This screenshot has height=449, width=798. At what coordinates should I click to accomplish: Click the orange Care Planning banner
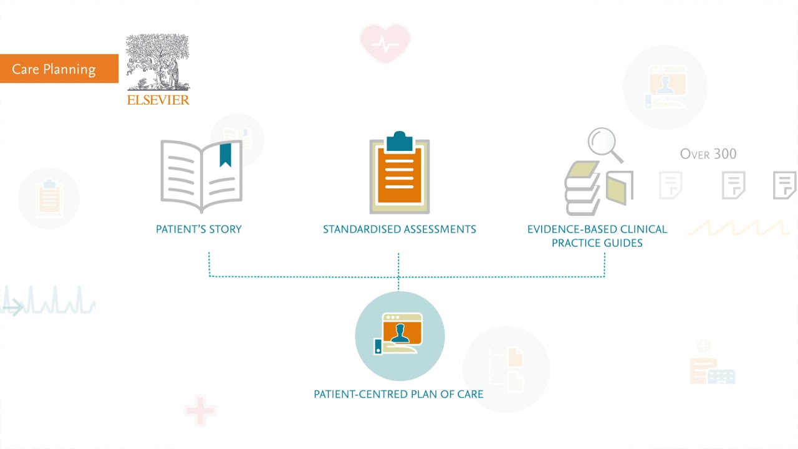tap(59, 69)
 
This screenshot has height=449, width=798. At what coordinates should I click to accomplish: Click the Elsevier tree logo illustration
tap(158, 62)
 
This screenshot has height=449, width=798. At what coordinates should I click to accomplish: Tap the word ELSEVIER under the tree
tap(158, 100)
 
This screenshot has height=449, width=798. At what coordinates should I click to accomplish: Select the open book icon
tap(201, 176)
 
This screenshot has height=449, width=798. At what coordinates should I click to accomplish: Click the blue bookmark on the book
tap(225, 155)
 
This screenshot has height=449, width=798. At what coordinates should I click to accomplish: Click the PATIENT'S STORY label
tap(199, 229)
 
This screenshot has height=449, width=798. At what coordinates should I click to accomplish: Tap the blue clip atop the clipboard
tap(400, 142)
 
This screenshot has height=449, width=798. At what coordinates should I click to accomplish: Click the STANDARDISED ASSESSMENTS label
tap(400, 229)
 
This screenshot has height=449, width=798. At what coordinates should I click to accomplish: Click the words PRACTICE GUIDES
tap(597, 243)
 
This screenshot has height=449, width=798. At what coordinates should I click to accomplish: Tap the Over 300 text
tap(708, 154)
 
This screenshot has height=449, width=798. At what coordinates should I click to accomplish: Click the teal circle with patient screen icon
tap(400, 336)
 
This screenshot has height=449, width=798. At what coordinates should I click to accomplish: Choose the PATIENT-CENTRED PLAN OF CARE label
tap(398, 394)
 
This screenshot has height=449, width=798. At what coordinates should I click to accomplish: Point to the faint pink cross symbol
tap(200, 410)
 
